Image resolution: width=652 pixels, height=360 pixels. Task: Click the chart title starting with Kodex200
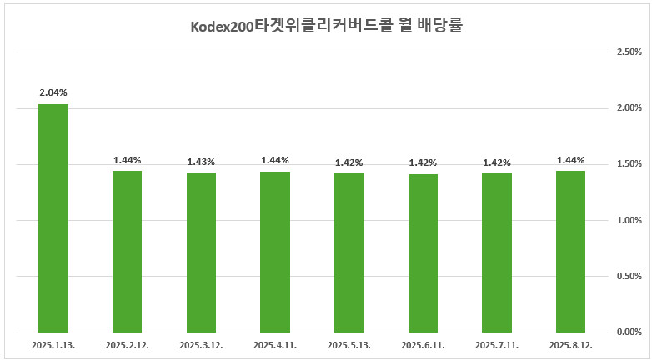(x=325, y=26)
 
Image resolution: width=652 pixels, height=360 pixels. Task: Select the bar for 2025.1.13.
(x=53, y=217)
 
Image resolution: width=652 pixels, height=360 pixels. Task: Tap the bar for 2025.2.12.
(x=127, y=251)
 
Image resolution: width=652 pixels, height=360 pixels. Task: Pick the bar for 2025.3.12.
(x=201, y=252)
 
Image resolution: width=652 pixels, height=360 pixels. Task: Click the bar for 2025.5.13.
(x=349, y=252)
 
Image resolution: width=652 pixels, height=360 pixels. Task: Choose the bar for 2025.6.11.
(x=423, y=252)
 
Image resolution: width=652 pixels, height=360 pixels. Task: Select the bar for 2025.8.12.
(x=570, y=251)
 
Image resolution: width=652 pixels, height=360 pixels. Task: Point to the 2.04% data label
(x=53, y=93)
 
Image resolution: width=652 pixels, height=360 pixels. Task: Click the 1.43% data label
(x=201, y=162)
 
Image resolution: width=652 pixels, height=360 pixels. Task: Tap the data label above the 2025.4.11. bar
(x=275, y=160)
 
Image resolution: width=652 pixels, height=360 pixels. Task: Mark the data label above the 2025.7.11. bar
(x=496, y=162)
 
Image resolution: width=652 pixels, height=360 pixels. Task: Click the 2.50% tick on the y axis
(x=628, y=52)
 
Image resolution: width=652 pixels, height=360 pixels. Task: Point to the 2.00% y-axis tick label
(x=628, y=108)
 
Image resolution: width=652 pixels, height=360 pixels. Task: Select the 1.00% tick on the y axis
(x=628, y=220)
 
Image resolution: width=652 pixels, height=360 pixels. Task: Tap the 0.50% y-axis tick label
(x=628, y=276)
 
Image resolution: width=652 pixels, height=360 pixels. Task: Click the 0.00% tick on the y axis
(x=628, y=332)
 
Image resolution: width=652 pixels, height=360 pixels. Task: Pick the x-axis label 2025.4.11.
(x=275, y=344)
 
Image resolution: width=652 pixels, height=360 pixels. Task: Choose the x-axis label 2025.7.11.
(x=496, y=344)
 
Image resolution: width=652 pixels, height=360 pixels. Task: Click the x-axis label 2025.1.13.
(x=53, y=344)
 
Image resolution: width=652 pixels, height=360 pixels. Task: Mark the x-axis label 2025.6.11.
(x=423, y=344)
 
